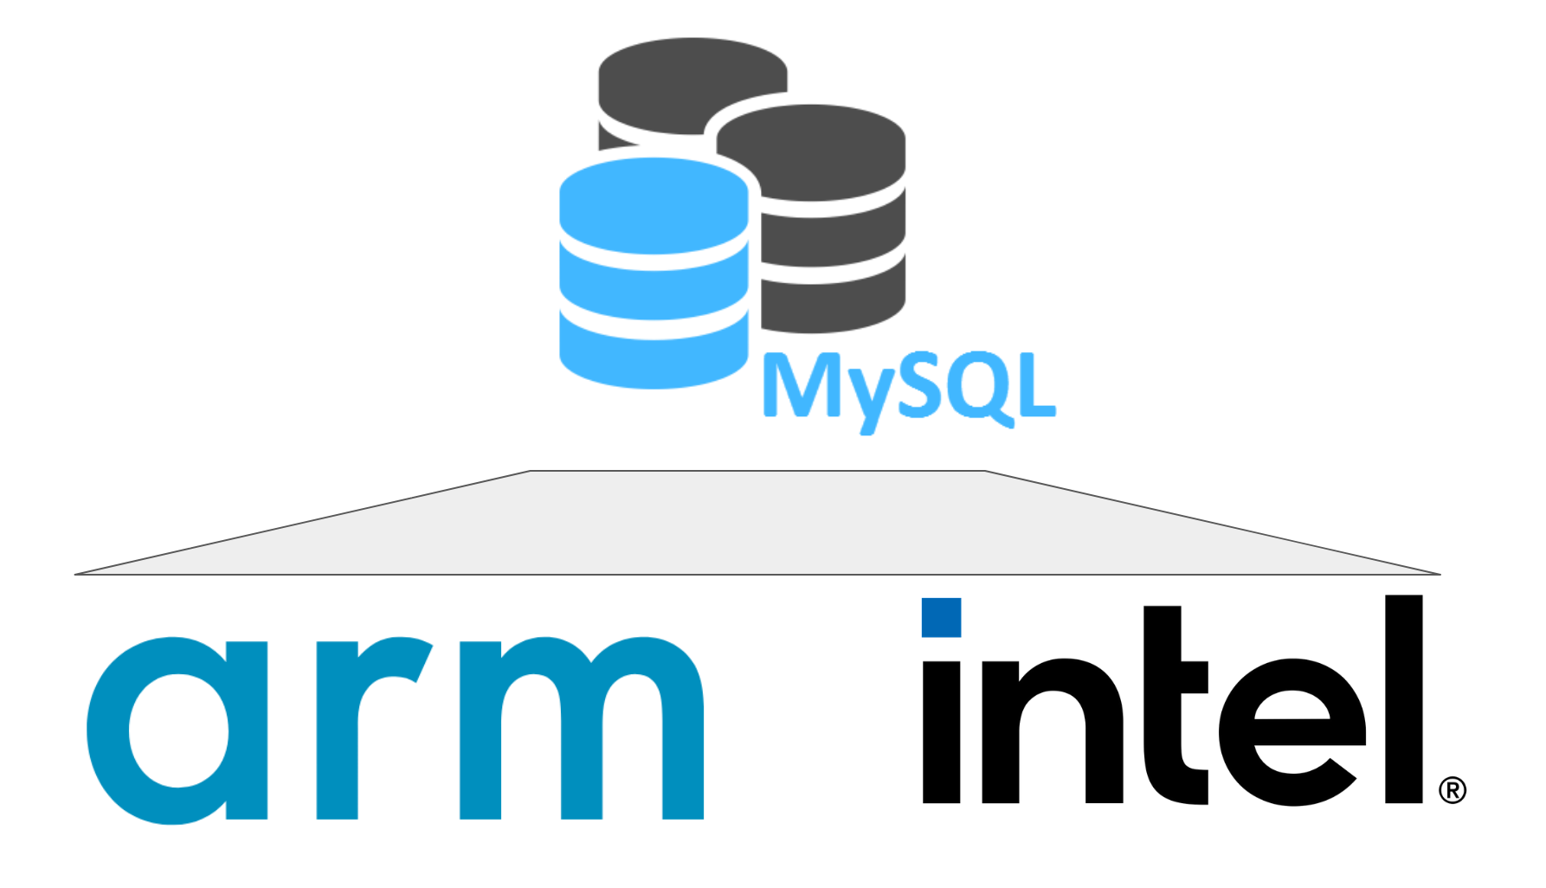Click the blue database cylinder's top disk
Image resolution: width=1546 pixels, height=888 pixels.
click(x=654, y=203)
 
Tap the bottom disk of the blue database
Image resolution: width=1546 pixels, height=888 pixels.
click(x=654, y=355)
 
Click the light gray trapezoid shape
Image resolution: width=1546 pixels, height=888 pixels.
click(x=757, y=524)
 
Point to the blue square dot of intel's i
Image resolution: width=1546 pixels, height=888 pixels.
click(x=941, y=617)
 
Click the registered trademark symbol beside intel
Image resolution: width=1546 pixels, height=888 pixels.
click(x=1452, y=790)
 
